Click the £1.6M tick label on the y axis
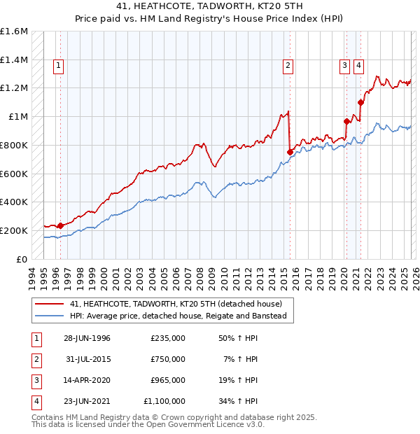coord(14,31)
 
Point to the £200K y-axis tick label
coord(14,230)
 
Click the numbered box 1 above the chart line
coord(58,66)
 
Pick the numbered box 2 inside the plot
coord(288,66)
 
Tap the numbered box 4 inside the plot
coord(358,66)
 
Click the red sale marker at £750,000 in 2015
coord(290,151)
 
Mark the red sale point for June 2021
coord(361,102)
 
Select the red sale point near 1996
coord(60,225)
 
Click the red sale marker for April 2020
coord(346,121)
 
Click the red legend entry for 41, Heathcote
coord(176,304)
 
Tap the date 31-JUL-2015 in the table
coord(87,358)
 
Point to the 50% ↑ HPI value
coord(240,337)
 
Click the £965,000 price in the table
coord(168,380)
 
